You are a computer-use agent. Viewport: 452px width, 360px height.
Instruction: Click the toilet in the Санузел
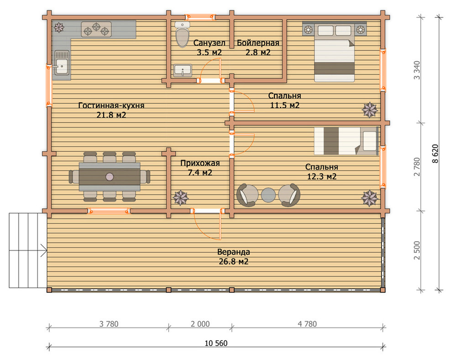pos(182,34)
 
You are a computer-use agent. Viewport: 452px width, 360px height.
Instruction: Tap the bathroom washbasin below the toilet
pos(183,71)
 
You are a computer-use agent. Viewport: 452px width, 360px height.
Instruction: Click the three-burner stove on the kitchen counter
pos(96,29)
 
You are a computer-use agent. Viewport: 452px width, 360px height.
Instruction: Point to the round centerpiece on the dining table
pos(110,176)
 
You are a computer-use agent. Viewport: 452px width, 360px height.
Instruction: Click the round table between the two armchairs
pos(268,195)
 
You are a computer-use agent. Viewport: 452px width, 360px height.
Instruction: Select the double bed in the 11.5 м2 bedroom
pos(334,52)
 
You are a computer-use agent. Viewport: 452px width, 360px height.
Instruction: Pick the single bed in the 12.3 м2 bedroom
pos(346,141)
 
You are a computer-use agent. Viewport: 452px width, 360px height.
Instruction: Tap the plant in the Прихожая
pos(180,198)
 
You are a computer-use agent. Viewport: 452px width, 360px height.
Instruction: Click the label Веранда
pos(233,252)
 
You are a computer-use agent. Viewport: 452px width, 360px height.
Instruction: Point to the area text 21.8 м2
pos(111,115)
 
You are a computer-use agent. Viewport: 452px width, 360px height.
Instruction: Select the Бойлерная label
pos(258,43)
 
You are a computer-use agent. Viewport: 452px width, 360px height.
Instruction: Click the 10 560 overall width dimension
pos(216,343)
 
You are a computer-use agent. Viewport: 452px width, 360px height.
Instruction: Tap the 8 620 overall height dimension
pos(435,154)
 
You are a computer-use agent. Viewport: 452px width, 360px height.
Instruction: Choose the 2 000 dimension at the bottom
pos(200,324)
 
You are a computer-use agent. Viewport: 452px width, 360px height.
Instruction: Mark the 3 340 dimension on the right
pos(417,70)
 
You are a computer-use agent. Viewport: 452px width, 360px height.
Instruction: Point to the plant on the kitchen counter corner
pos(59,27)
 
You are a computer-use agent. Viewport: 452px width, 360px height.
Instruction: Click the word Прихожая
pos(200,163)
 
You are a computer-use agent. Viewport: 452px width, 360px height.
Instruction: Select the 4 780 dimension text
pos(307,324)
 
